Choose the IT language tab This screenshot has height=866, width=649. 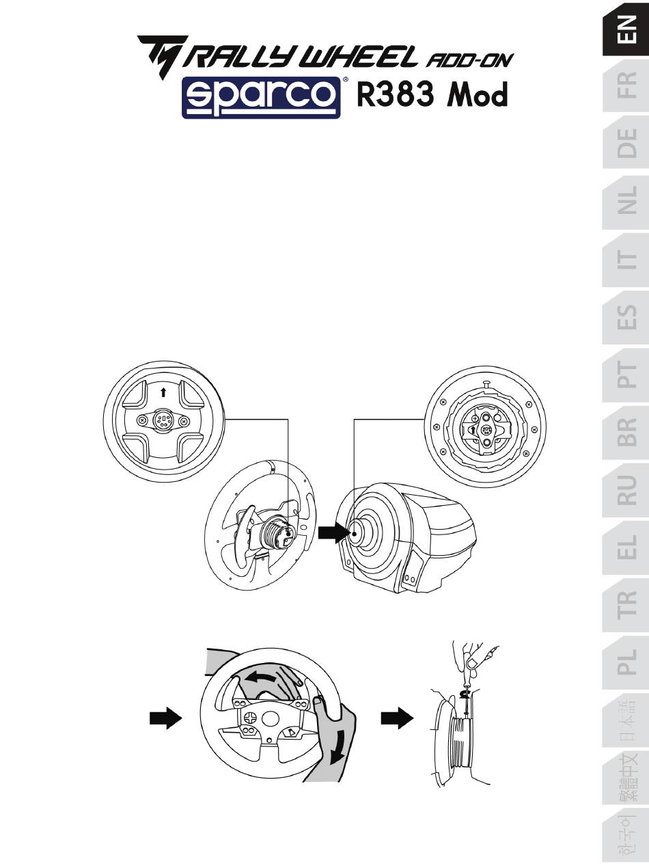[626, 259]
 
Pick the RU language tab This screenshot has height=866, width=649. [626, 490]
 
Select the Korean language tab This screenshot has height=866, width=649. [626, 837]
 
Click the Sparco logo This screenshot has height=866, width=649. [261, 98]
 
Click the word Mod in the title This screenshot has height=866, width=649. [477, 95]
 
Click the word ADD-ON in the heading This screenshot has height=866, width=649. [469, 59]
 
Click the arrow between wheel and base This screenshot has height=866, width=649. [333, 533]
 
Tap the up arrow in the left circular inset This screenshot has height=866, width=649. [163, 392]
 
